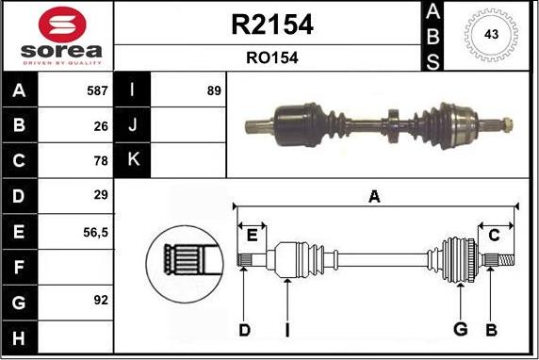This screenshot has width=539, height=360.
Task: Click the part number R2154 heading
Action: coord(271,25)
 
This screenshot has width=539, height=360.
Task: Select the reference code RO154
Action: coord(271,58)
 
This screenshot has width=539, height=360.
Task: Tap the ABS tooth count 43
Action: coord(490,36)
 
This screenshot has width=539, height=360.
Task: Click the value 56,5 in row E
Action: coord(95,231)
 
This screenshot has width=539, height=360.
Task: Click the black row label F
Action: coord(20,266)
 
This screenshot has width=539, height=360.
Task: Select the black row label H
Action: coord(20,335)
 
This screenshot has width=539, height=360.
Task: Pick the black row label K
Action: coord(132,161)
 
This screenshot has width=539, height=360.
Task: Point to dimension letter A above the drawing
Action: coord(374,197)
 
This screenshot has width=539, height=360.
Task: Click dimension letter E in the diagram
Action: coord(252,234)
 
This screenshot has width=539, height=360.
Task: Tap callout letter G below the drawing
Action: coord(460,329)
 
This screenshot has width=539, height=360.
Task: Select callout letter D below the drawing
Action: coord(243,329)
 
